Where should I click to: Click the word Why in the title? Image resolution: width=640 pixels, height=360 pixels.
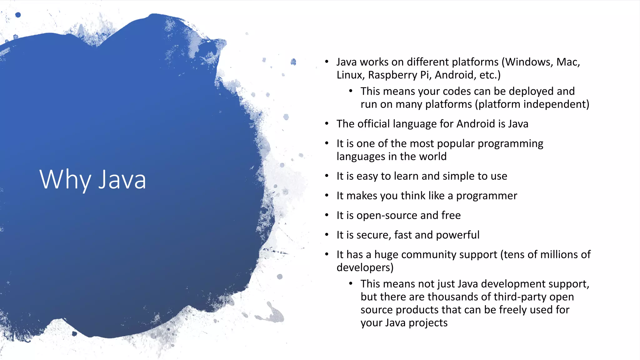[x=65, y=180]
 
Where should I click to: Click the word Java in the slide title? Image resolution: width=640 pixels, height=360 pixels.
[x=122, y=180]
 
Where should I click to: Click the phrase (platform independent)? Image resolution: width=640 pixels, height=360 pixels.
[x=532, y=104]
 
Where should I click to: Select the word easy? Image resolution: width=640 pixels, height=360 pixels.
[x=367, y=176]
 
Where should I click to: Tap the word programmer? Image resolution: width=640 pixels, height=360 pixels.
[x=486, y=196]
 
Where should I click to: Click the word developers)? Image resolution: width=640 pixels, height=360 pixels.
[x=365, y=268]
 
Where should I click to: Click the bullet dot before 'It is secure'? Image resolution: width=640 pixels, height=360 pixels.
[x=327, y=235]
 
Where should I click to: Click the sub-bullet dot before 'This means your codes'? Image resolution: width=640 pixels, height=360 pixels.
[x=351, y=91]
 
